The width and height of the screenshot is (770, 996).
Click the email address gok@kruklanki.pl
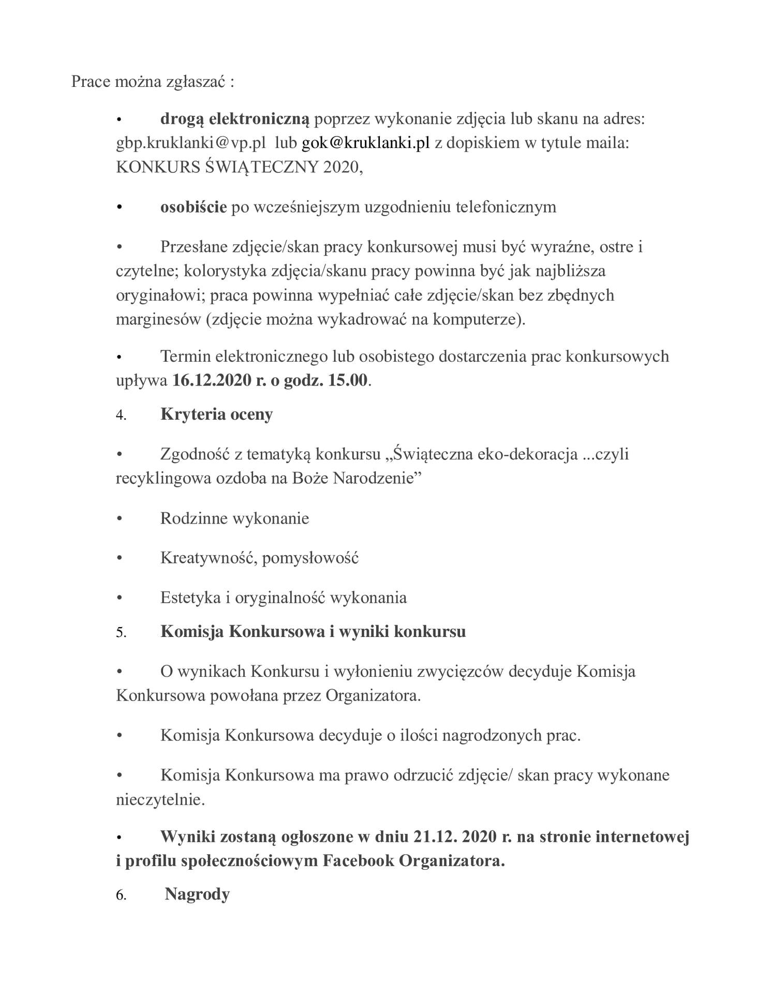click(x=365, y=143)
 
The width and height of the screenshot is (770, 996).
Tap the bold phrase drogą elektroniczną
click(x=234, y=119)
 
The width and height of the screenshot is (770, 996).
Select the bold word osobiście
click(x=194, y=207)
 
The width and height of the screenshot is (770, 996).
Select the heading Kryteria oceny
click(x=216, y=414)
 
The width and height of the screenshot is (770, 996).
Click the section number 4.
click(x=121, y=415)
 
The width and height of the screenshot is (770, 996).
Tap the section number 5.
click(x=121, y=632)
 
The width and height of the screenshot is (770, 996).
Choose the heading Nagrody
click(x=197, y=894)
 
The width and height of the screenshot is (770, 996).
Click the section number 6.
click(x=121, y=895)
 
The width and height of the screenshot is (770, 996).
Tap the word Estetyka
click(x=190, y=598)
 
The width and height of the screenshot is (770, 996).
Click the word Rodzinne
click(x=195, y=518)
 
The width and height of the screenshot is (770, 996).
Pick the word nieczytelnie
click(x=160, y=799)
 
